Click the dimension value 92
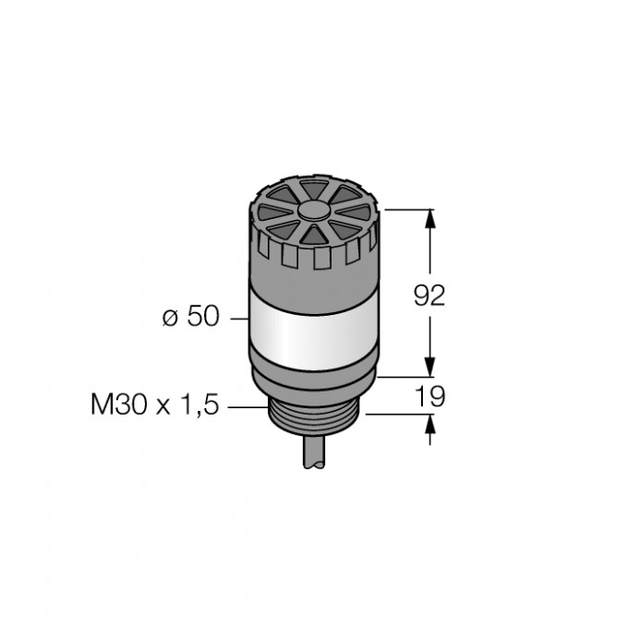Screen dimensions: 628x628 pos(429,296)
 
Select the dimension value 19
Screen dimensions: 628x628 pos(429,396)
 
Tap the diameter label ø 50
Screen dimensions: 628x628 pos(191,316)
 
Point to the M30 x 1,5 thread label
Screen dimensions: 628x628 pos(155,405)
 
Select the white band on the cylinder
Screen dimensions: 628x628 pos(313,334)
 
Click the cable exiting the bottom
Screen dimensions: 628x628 pos(314,452)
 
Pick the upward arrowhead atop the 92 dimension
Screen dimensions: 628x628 pos(430,219)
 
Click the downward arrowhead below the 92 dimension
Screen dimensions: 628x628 pos(430,367)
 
